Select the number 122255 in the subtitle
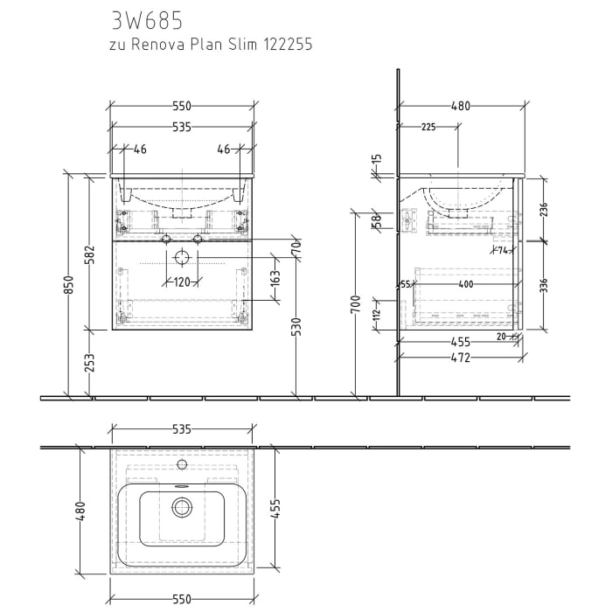click(x=286, y=44)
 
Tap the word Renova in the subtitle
click(x=163, y=44)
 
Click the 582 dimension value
click(x=88, y=254)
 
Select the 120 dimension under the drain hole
click(x=181, y=282)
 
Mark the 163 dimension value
click(x=275, y=280)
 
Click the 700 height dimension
click(x=356, y=305)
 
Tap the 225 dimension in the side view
click(x=428, y=127)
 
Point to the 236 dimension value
click(x=543, y=210)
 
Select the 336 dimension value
click(x=543, y=286)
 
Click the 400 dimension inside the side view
click(x=466, y=284)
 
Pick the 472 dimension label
click(x=461, y=358)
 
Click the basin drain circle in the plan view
click(x=182, y=505)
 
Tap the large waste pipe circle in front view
click(x=182, y=257)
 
